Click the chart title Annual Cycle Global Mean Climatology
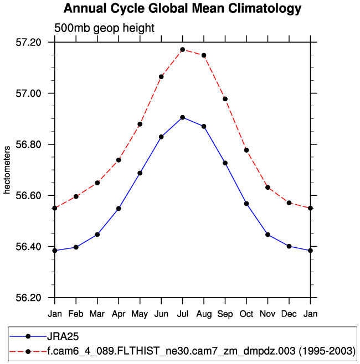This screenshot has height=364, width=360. [x=183, y=9]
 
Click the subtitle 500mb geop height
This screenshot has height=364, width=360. [x=104, y=28]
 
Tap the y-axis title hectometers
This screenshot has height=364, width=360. [x=7, y=170]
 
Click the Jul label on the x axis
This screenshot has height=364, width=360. [x=182, y=314]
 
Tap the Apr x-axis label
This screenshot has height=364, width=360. [x=119, y=314]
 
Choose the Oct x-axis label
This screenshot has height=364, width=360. [x=246, y=314]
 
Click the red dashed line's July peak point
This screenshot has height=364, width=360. [x=182, y=50]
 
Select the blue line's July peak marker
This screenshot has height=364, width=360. [x=182, y=117]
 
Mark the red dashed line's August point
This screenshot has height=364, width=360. [x=204, y=55]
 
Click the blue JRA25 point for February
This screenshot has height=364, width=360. [x=76, y=247]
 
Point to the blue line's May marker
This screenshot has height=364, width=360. [x=140, y=173]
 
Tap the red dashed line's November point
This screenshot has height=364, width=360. [x=268, y=188]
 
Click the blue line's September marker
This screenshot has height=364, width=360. [x=225, y=163]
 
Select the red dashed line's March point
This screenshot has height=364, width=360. [x=97, y=183]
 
